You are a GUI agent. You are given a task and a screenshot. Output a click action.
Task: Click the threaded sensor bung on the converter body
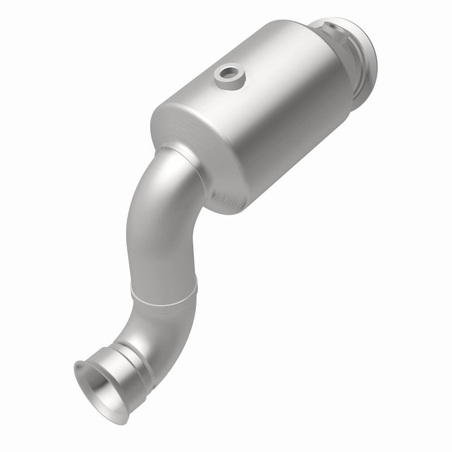[x=231, y=76]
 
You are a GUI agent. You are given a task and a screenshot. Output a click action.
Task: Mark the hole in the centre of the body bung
[x=231, y=72]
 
